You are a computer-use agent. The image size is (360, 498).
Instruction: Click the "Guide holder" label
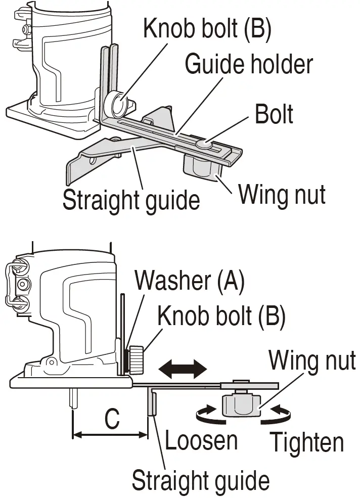[x=249, y=65]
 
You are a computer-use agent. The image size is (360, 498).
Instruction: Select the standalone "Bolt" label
[x=274, y=114]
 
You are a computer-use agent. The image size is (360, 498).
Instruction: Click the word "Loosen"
[x=201, y=441]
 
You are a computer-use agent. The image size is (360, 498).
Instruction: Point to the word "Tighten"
[x=307, y=443]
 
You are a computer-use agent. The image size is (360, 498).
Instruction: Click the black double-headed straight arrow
[x=184, y=369]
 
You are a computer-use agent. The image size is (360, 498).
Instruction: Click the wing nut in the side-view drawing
[x=241, y=404]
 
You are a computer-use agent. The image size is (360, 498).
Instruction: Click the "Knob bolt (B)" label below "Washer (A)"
[x=221, y=316]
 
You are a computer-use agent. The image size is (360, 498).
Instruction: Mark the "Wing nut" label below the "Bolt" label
[x=282, y=194]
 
